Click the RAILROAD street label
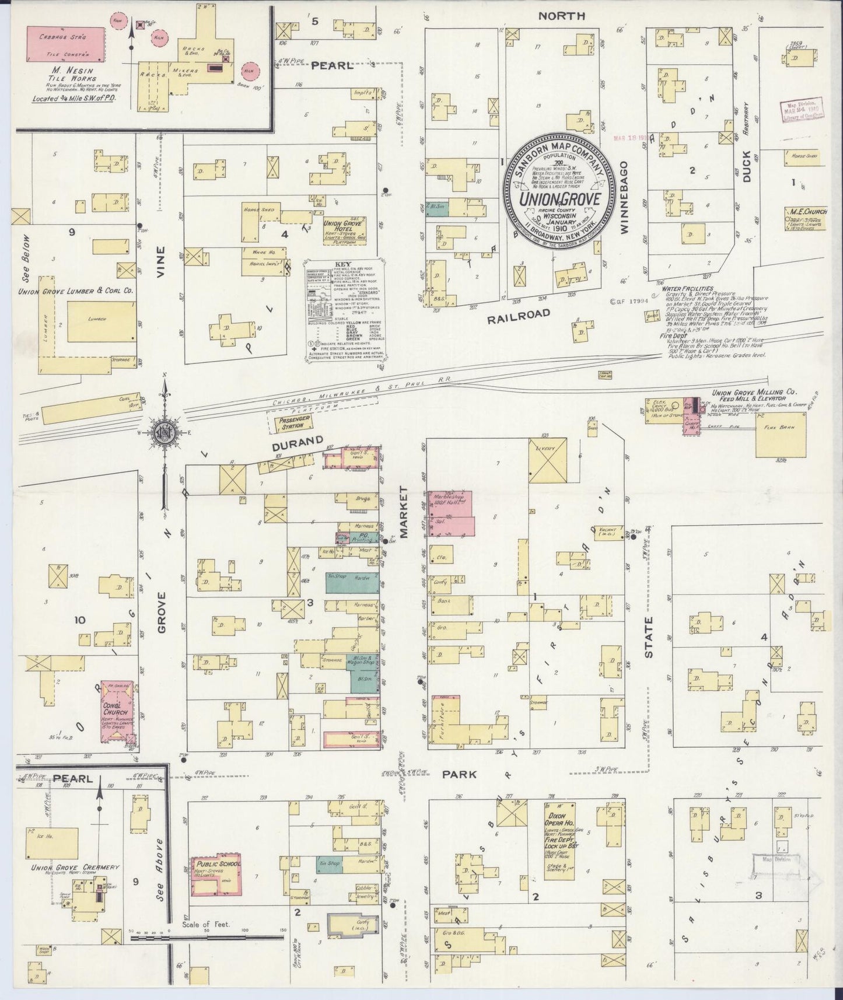point(519,313)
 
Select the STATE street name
point(649,638)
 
